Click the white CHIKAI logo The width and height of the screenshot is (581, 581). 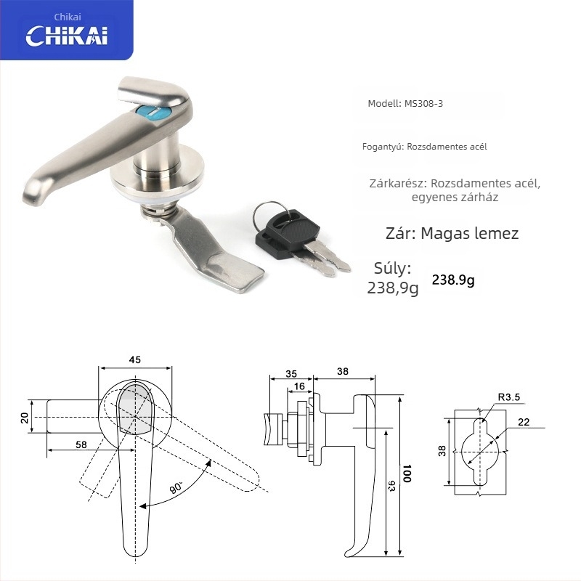pos(67,36)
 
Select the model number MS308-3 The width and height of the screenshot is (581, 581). pos(423,103)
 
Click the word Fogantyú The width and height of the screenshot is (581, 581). pos(383,147)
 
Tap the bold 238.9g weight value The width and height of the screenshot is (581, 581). pos(452,280)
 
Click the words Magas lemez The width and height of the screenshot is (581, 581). pos(469,233)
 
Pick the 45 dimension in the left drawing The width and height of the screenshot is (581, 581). pos(135,359)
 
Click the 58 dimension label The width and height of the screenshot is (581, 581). pos(81,444)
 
